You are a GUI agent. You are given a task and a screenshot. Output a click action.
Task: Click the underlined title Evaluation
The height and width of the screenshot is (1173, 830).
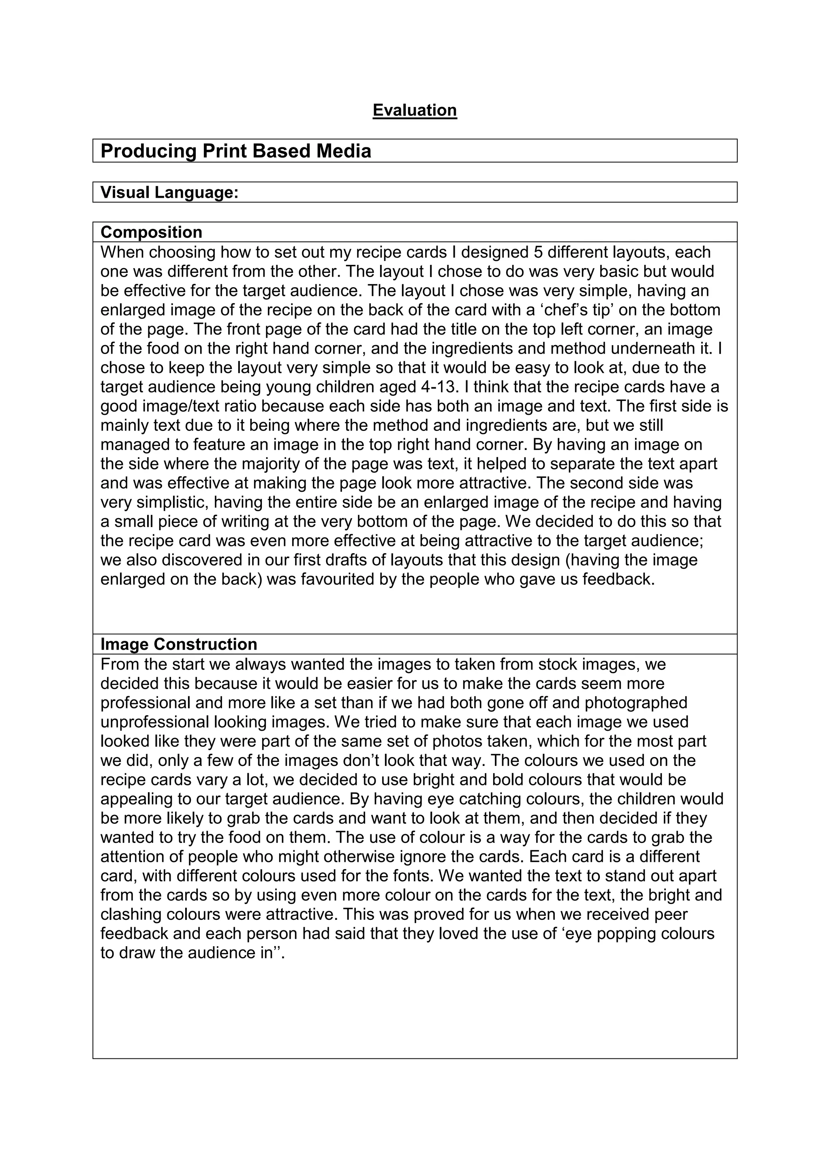pyautogui.click(x=415, y=110)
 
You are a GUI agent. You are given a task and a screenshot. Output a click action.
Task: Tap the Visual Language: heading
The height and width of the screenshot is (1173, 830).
pyautogui.click(x=170, y=193)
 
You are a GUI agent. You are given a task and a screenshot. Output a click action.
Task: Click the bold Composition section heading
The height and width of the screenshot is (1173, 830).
pyautogui.click(x=151, y=232)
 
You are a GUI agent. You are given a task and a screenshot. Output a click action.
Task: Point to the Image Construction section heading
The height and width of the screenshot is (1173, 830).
pyautogui.click(x=178, y=644)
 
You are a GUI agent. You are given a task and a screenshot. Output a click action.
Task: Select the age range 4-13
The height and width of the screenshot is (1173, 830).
pyautogui.click(x=437, y=387)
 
